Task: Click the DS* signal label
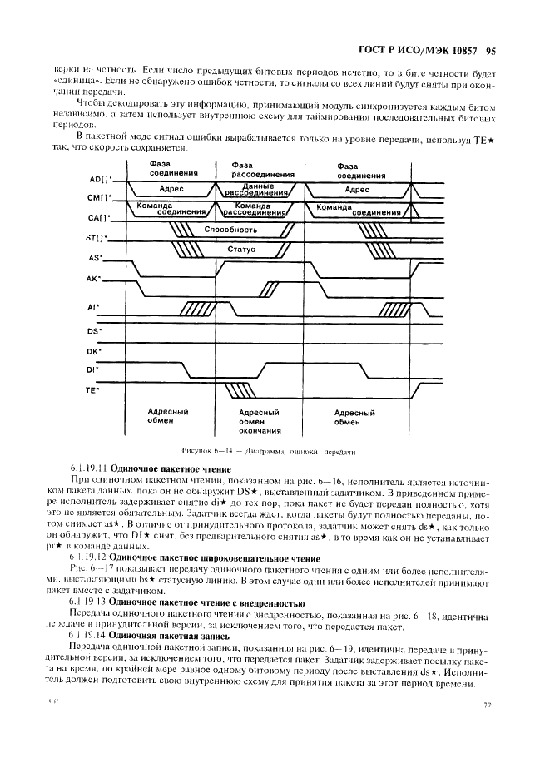(95, 330)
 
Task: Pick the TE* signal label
(95, 389)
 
